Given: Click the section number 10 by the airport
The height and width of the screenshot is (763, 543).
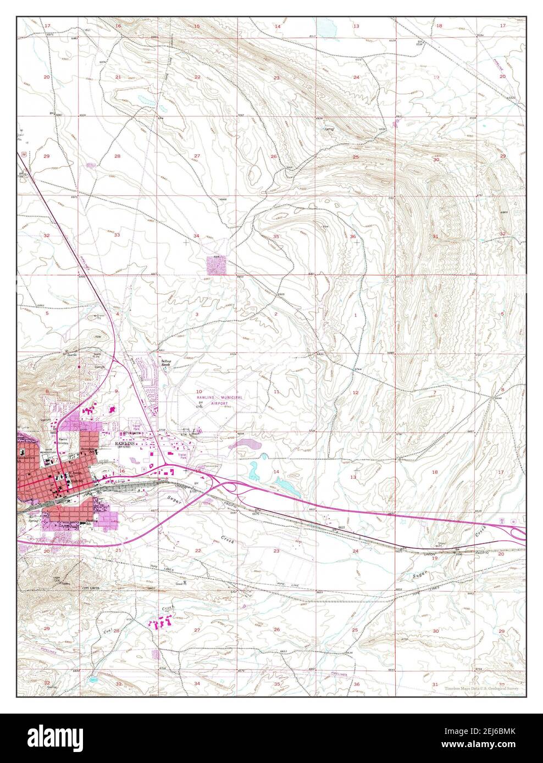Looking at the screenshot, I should [191, 392].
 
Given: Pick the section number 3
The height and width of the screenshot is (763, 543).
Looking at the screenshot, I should [197, 314].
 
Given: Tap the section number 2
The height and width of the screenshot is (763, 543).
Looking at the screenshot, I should [276, 314].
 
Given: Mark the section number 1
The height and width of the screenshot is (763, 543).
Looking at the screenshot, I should [356, 315].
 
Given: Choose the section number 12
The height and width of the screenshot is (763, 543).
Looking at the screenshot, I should [355, 392].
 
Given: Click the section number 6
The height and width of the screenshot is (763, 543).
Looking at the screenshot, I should [435, 315].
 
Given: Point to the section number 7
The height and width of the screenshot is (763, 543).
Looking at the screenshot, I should [435, 392].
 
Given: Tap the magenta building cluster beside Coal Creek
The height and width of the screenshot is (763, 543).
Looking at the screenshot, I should [163, 622].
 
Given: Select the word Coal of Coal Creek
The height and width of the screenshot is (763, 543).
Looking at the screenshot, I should [108, 631].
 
